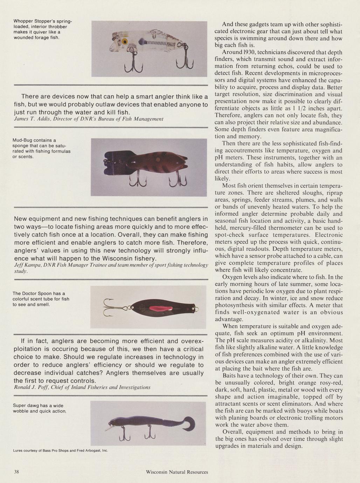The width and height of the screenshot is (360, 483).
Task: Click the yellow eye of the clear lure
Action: pyautogui.click(x=125, y=42)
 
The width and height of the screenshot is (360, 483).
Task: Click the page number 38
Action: pyautogui.click(x=16, y=471)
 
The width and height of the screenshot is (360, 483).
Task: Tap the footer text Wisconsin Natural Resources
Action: pyautogui.click(x=177, y=472)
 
